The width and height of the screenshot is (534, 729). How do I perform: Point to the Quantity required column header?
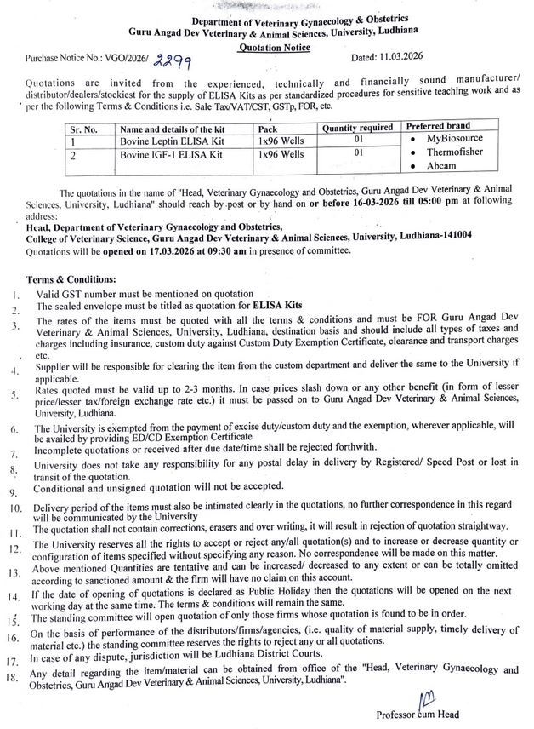[357, 127]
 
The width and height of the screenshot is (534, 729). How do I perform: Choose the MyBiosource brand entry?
[452, 138]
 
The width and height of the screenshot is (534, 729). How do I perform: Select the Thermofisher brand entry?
[453, 153]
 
